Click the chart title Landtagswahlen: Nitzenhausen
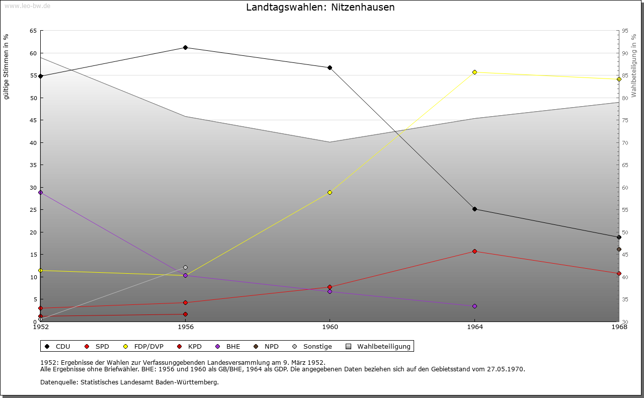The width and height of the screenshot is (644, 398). pyautogui.click(x=320, y=8)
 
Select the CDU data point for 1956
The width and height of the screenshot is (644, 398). pyautogui.click(x=185, y=47)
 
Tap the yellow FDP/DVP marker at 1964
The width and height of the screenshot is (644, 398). pyautogui.click(x=474, y=72)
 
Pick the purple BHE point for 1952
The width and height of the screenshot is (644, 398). pyautogui.click(x=40, y=192)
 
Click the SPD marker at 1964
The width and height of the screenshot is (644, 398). pyautogui.click(x=474, y=251)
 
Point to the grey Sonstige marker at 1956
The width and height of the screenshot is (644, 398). pyautogui.click(x=185, y=267)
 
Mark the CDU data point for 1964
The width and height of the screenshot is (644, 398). pyautogui.click(x=474, y=209)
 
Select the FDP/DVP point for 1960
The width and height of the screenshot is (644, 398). pyautogui.click(x=330, y=192)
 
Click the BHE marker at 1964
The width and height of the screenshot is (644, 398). pyautogui.click(x=474, y=306)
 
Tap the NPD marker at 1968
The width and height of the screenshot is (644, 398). pyautogui.click(x=619, y=249)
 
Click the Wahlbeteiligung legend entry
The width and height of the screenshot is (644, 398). pyautogui.click(x=384, y=346)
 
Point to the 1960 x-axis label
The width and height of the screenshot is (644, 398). pyautogui.click(x=330, y=327)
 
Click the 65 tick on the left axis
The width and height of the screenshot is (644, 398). pyautogui.click(x=33, y=31)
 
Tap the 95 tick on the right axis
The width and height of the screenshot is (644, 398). pyautogui.click(x=625, y=31)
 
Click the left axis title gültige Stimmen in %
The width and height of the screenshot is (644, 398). pyautogui.click(x=7, y=66)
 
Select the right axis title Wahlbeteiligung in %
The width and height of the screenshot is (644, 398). pyautogui.click(x=634, y=65)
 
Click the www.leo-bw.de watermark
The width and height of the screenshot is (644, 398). pyautogui.click(x=27, y=6)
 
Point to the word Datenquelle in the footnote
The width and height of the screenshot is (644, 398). pyautogui.click(x=57, y=382)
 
